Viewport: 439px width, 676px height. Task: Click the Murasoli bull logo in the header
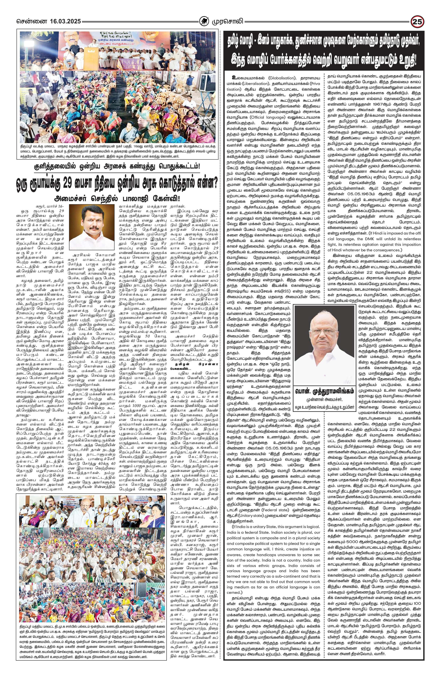(204, 22)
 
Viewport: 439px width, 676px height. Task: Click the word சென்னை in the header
(28, 22)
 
